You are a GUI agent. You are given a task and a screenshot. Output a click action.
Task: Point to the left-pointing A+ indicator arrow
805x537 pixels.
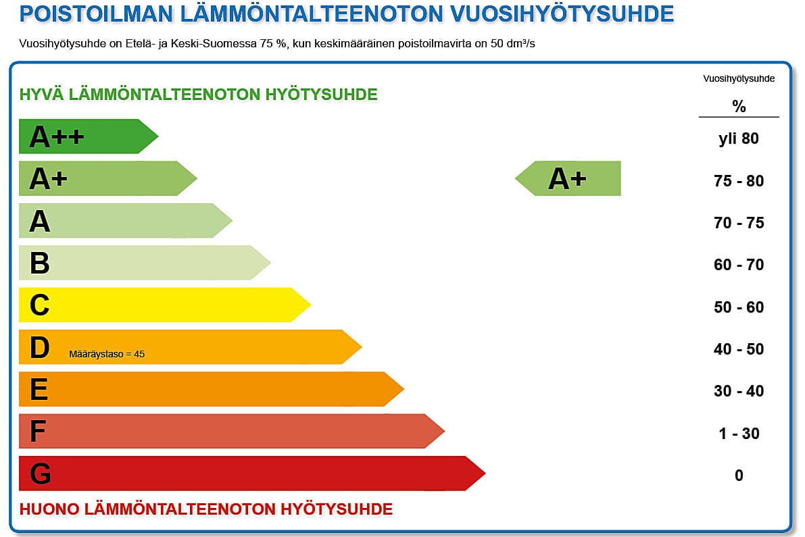tap(568, 178)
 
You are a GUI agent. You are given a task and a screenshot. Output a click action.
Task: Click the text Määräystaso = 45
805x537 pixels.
tap(107, 353)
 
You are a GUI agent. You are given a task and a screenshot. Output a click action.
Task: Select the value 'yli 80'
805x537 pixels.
tap(739, 139)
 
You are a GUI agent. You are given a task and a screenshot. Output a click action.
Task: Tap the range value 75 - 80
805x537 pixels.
tap(739, 181)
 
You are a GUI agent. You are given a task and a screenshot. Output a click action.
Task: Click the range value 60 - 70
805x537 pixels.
tap(739, 265)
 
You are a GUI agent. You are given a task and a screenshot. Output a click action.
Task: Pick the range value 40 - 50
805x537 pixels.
tap(739, 349)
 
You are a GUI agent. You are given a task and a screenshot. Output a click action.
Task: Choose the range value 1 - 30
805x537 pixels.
tap(739, 434)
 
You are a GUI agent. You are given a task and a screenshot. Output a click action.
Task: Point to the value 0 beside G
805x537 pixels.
tap(739, 476)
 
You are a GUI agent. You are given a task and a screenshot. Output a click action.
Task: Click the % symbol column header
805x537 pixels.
tap(739, 107)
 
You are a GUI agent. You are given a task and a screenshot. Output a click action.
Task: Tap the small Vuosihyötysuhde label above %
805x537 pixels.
tap(739, 78)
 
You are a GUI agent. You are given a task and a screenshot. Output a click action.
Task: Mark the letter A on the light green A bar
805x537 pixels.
tap(40, 222)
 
